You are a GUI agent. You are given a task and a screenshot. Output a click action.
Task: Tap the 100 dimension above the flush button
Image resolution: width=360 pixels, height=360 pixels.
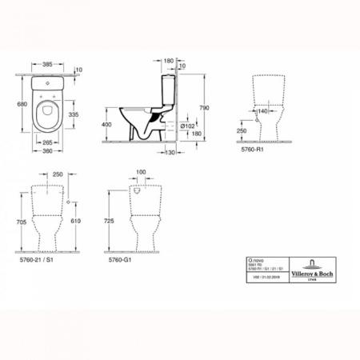click(142, 172)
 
